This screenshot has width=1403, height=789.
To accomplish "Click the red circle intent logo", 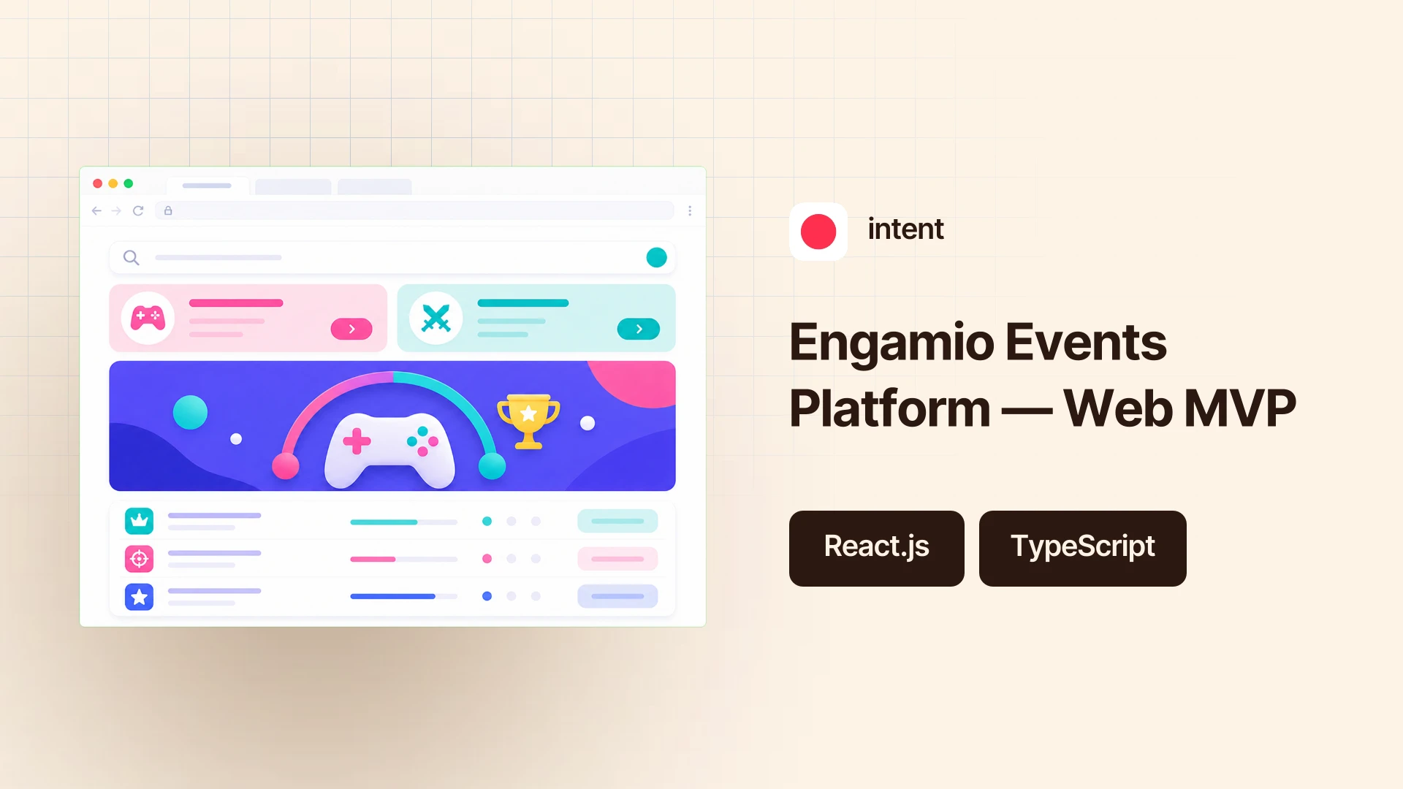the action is tap(818, 232).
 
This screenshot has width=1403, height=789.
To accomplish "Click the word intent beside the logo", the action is tap(905, 229).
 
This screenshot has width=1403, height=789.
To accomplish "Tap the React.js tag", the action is tap(877, 548).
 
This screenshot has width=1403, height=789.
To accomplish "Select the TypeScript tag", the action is tap(1083, 548).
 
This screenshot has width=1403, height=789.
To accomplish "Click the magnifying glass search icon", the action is tap(132, 258).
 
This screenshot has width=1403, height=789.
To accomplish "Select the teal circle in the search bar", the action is tap(657, 257).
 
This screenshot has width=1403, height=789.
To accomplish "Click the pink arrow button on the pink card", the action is tap(351, 329).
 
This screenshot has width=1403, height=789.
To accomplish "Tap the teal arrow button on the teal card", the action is tap(639, 329).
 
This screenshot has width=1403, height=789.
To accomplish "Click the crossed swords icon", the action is tap(436, 318).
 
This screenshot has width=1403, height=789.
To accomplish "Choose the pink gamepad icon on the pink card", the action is tap(148, 317).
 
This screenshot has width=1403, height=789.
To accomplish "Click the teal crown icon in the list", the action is tap(139, 521).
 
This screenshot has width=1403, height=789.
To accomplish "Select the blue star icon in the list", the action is tap(139, 597).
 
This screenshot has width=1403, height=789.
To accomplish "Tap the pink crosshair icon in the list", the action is tap(139, 559).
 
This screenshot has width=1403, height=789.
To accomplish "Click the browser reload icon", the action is tap(138, 210).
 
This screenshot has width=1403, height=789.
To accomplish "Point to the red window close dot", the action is tap(97, 183).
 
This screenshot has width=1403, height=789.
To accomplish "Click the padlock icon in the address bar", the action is tap(168, 210).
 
